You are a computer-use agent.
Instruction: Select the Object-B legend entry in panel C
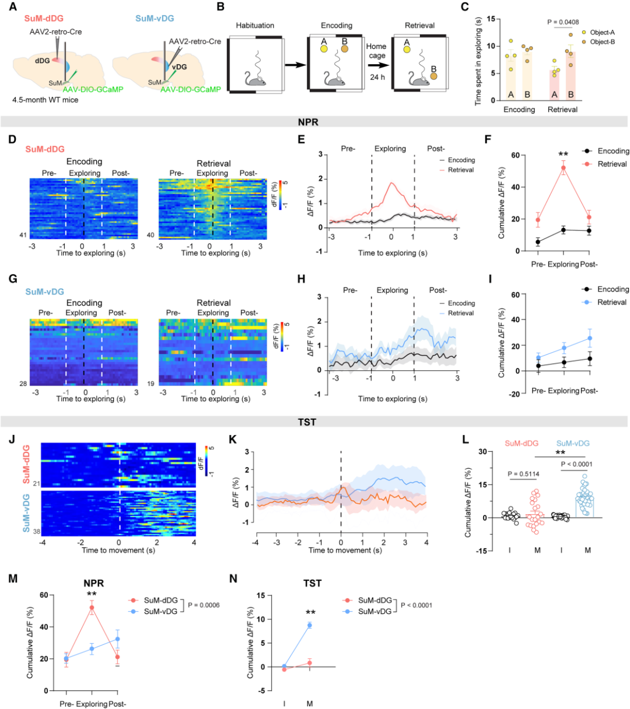(603, 43)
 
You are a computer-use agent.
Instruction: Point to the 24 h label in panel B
(376, 75)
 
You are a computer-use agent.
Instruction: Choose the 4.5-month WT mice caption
(45, 100)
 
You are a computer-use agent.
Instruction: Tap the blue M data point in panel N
(309, 625)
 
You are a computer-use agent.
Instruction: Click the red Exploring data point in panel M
(92, 608)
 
